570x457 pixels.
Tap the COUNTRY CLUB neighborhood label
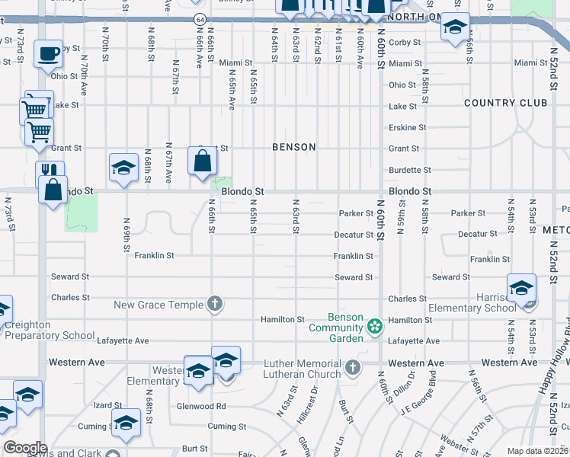click(x=505, y=103)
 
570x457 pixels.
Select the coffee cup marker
click(x=49, y=55)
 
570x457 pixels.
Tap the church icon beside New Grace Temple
click(x=215, y=304)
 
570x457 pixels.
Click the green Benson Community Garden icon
click(x=374, y=327)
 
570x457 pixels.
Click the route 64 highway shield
click(x=199, y=18)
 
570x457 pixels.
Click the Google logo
click(x=25, y=448)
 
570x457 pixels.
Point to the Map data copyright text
click(x=536, y=451)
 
